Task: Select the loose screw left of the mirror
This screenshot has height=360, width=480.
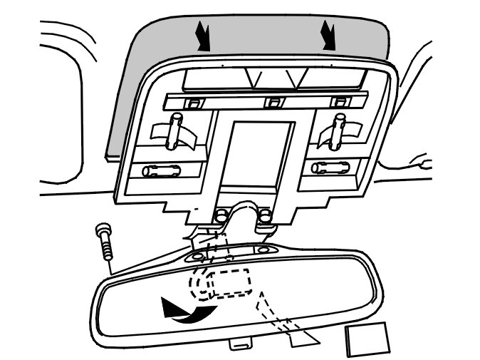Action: [105, 243]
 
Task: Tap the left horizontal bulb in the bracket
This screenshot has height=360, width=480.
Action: [163, 171]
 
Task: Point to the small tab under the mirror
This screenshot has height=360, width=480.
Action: [241, 344]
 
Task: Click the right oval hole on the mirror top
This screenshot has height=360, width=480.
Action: [264, 250]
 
